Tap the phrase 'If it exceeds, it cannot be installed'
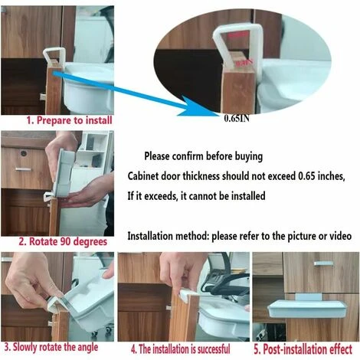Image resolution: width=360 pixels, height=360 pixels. point(196,196)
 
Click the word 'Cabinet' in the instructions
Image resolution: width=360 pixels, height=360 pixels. point(143,176)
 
